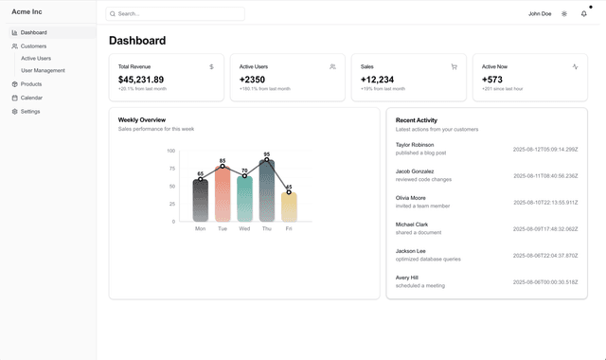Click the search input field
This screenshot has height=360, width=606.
click(175, 14)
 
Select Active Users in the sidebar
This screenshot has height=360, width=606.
click(36, 58)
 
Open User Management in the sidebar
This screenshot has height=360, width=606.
click(43, 70)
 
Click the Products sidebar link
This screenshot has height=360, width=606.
click(31, 84)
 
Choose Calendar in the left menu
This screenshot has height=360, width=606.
click(31, 98)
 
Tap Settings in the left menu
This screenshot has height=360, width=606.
click(30, 111)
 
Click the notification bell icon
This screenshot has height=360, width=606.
click(583, 14)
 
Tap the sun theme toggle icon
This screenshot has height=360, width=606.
click(564, 14)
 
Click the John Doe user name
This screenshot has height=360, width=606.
click(540, 14)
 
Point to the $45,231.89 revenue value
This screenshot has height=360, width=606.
click(141, 80)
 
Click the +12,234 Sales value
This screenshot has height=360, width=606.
click(377, 80)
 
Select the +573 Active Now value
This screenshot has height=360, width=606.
click(493, 80)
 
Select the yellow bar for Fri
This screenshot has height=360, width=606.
click(289, 207)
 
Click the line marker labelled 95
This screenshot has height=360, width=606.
click(267, 160)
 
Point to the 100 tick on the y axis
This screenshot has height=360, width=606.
click(170, 151)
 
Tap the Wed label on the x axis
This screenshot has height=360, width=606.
click(244, 228)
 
